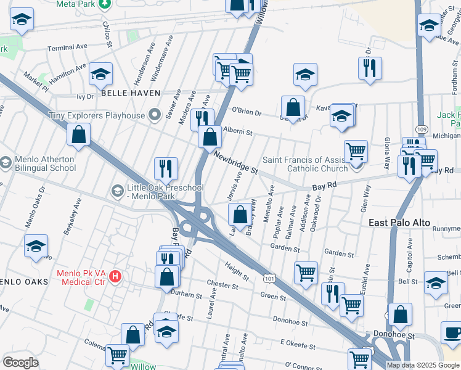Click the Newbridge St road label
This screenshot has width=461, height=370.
click(x=235, y=163)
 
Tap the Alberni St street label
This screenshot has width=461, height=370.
click(x=238, y=131)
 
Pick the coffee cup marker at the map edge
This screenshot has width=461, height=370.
click(x=453, y=333)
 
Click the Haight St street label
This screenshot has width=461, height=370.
click(x=237, y=269)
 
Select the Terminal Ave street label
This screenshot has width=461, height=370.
click(x=69, y=47)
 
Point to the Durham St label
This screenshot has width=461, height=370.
click(x=187, y=294)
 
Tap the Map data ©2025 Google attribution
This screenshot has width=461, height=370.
click(x=423, y=365)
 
